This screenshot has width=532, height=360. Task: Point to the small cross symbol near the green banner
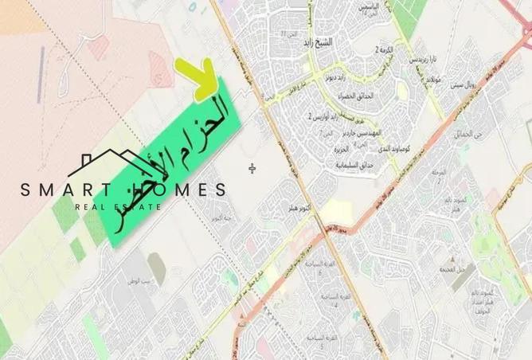253,168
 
